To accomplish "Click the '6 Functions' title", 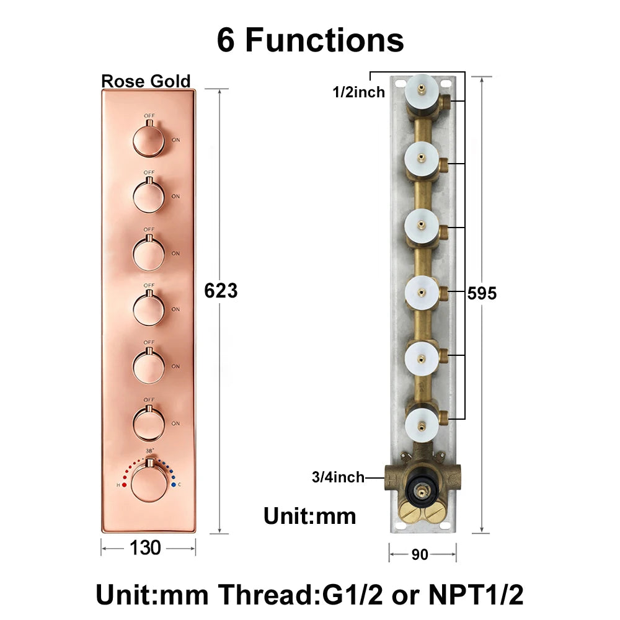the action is point(311,40).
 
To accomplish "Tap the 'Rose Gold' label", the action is point(146,81).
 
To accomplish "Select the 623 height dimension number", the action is point(221,291).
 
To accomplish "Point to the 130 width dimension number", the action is point(146,548).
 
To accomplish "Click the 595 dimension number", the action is point(482,293).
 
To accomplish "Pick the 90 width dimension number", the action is point(420,554).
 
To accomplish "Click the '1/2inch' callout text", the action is point(358,92).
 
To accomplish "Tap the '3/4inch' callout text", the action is point(338,477).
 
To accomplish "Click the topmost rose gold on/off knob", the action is point(149,140).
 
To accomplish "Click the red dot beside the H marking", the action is point(124,485).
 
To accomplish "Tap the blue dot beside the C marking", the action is point(173,485).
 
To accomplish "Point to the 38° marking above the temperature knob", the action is point(149,451).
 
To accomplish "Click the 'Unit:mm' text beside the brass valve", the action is point(310,516).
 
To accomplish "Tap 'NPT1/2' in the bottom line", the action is point(476,595).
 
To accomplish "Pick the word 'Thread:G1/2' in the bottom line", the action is point(301,595).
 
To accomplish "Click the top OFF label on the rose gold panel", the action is point(149,116).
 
